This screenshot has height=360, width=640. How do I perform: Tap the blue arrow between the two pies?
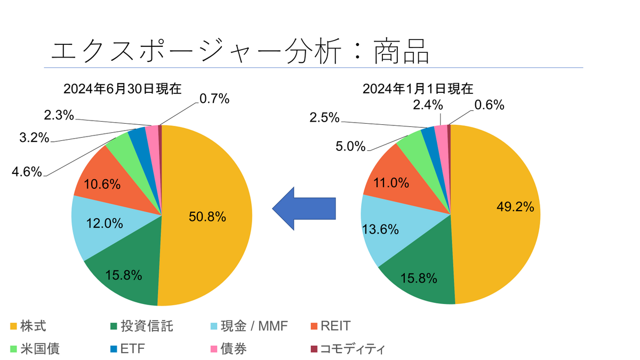click(304, 208)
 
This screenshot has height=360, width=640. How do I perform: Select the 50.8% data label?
click(207, 217)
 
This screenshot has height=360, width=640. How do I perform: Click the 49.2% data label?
click(515, 207)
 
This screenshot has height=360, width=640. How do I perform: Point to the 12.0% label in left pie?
click(105, 224)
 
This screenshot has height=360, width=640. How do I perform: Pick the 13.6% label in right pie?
click(381, 230)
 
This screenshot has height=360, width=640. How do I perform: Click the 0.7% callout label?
click(214, 98)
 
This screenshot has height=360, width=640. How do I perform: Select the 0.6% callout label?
click(490, 105)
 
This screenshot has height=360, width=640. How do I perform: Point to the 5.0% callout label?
click(350, 146)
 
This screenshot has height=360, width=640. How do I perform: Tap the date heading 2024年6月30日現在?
click(122, 89)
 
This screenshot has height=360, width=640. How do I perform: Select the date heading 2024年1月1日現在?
click(418, 89)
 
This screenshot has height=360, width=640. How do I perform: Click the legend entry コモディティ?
click(353, 349)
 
